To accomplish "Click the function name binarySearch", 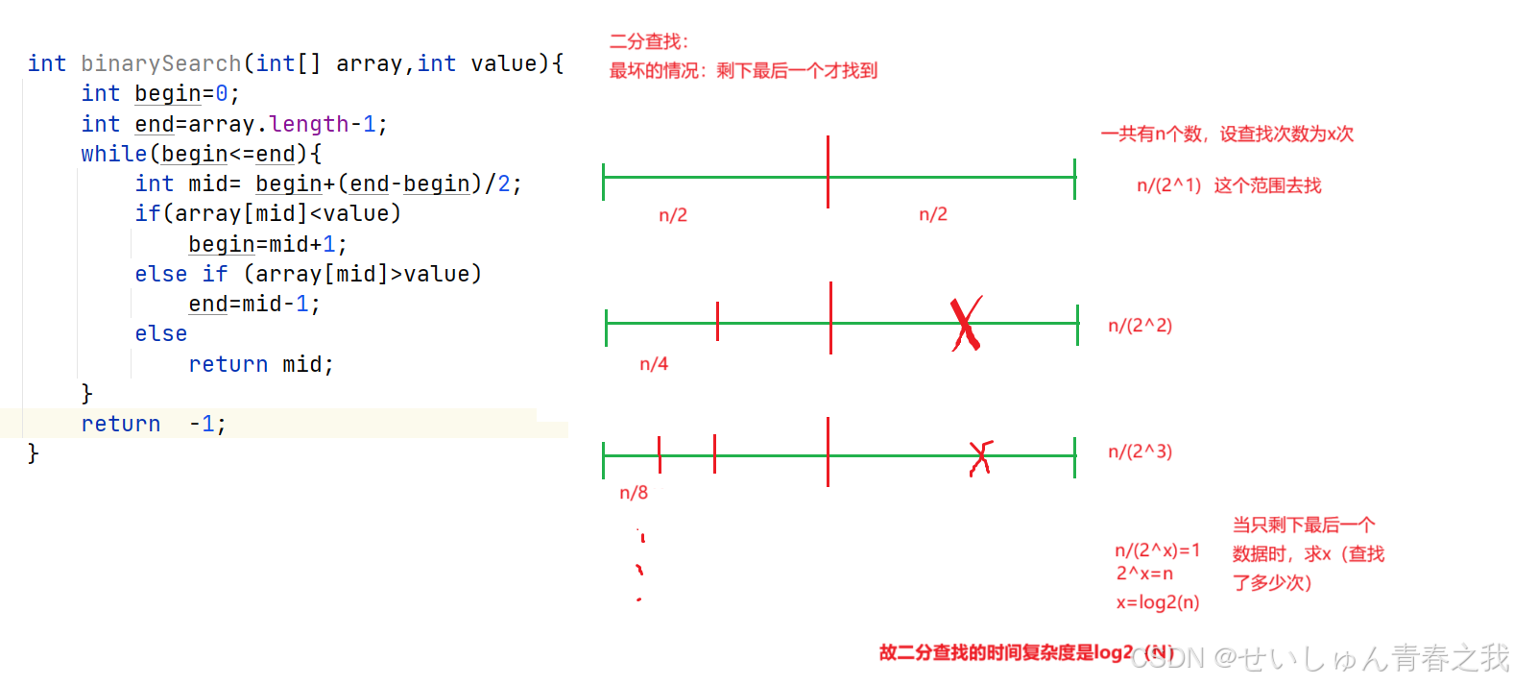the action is point(160,63).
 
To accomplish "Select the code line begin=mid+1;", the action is point(267,244).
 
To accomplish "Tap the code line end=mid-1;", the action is point(253,304).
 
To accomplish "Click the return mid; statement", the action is point(260,364).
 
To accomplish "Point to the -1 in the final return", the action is point(206,424).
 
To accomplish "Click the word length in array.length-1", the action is point(308,124).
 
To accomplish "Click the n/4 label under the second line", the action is point(654,364).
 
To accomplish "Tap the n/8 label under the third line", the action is point(634,493).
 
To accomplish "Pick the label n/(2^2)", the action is point(1140,326).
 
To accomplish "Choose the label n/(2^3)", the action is point(1140,452).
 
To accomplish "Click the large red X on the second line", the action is point(966,324).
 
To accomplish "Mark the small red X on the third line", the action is point(979,457).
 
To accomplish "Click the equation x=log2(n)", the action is point(1157,602).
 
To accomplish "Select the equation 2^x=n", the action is point(1143,574).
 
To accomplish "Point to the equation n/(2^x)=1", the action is point(1157,550).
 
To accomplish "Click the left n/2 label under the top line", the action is point(673,215).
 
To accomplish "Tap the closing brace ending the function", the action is point(34,452).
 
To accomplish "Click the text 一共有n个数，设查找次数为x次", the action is point(1226,134).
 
